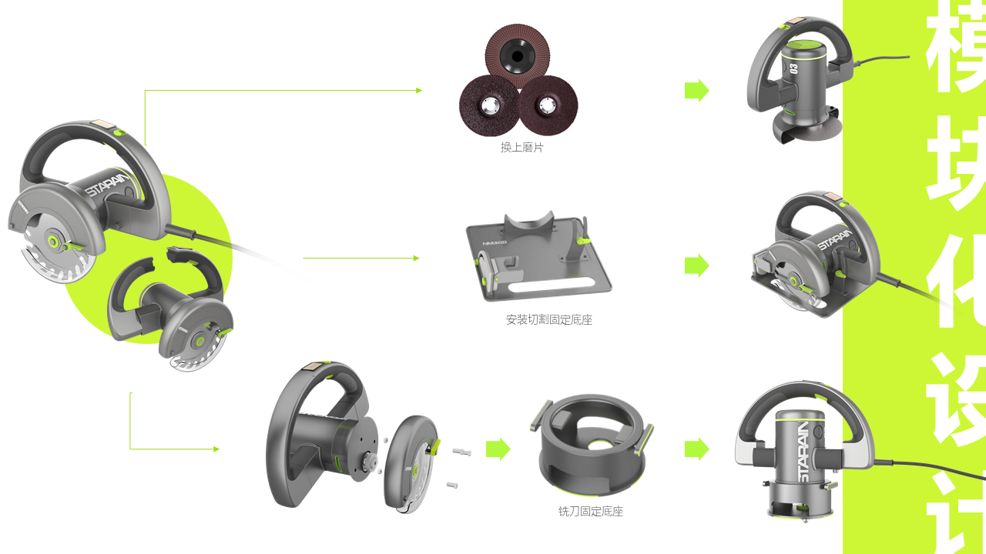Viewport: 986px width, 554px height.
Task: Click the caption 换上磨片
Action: coord(522,147)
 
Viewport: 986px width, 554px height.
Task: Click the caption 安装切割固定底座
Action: coord(548,319)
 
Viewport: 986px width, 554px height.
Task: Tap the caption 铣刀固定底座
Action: coord(590,511)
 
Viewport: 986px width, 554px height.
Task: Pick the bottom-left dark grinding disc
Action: coord(488,105)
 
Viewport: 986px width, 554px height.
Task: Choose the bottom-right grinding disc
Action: coord(548,105)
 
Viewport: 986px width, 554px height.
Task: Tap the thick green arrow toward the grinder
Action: coord(696,90)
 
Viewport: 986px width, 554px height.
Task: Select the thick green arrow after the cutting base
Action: coord(696,265)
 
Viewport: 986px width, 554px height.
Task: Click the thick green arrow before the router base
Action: coord(498,449)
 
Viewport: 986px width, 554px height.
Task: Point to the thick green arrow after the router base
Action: coord(696,449)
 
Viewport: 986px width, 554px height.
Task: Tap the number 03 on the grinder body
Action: coord(794,68)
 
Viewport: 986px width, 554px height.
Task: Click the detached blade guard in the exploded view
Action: coord(410,463)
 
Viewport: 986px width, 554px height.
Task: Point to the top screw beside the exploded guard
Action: coord(461,452)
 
